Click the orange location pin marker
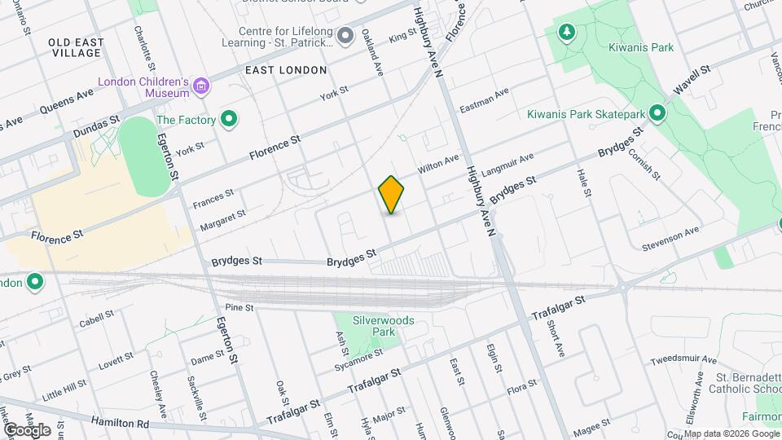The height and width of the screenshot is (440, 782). (392, 195)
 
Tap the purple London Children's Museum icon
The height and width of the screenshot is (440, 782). (202, 84)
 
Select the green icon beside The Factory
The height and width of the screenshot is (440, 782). (230, 120)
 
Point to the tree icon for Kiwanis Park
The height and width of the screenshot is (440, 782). (565, 32)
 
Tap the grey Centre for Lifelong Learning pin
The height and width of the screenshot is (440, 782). (345, 35)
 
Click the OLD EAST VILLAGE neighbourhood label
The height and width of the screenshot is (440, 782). (74, 46)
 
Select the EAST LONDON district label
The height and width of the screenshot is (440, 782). (286, 70)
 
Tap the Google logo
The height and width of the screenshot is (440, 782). (26, 429)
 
